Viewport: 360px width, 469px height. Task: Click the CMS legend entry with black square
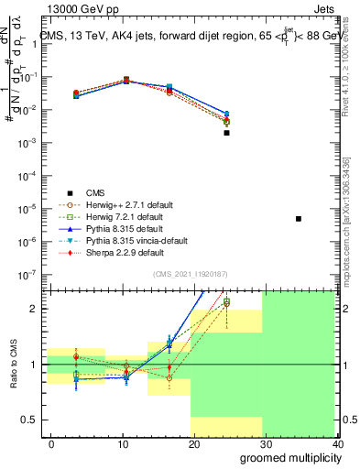click(95, 192)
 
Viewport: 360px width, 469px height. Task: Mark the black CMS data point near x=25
click(226, 133)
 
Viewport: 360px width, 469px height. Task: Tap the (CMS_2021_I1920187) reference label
click(194, 274)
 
